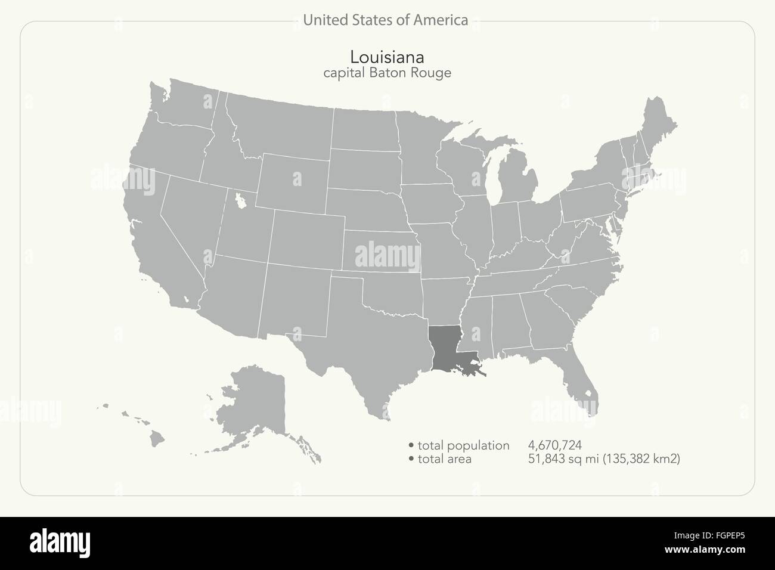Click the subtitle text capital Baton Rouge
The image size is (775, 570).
coord(387,73)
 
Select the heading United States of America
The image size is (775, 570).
coord(385,20)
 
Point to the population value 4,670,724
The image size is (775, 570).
coord(554,445)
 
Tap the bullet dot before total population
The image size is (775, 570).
coord(411,445)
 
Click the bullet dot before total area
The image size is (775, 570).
coord(411,459)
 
